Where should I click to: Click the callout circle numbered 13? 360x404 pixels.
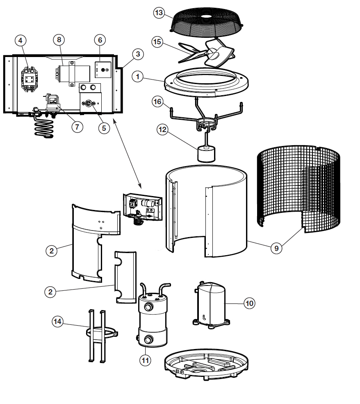point(159,13)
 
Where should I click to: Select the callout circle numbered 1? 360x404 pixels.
point(138,77)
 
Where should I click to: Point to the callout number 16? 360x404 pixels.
point(157,103)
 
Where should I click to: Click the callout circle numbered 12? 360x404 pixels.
point(163,130)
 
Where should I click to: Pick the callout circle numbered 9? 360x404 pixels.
point(276,247)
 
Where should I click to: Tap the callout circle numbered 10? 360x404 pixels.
point(249,303)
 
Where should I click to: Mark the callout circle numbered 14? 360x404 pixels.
point(58,321)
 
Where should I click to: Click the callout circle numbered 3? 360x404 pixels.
point(138,54)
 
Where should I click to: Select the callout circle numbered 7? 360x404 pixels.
point(77,127)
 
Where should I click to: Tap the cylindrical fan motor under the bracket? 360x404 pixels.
point(205,154)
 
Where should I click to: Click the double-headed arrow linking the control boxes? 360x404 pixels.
point(127,152)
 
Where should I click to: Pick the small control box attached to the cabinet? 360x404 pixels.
point(143,207)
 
